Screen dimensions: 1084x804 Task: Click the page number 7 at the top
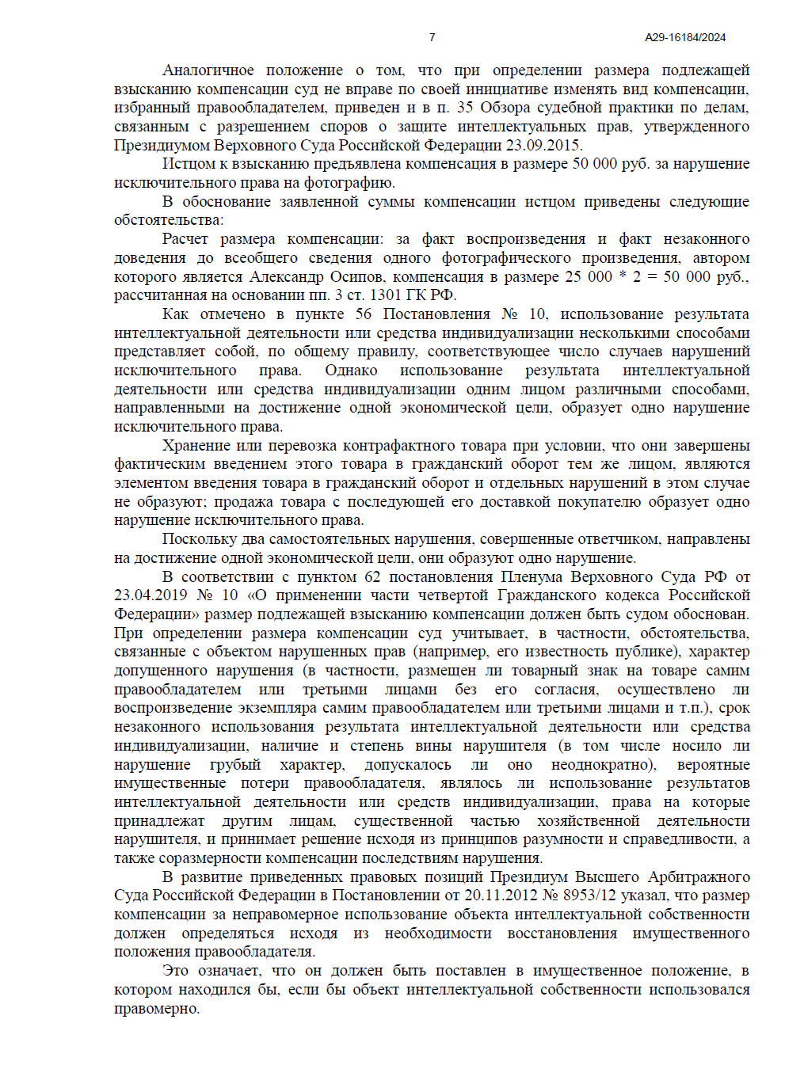coord(432,37)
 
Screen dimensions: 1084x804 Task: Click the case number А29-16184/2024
coord(685,37)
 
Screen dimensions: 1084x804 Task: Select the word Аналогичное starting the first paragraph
coord(208,70)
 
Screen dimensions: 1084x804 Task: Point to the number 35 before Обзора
coord(465,108)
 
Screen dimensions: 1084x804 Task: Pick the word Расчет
coord(185,239)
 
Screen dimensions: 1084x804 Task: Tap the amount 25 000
coord(588,277)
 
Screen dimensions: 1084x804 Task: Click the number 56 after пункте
coord(364,314)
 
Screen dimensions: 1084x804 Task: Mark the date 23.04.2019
coord(151,595)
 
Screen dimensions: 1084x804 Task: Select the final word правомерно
coord(156,1009)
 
